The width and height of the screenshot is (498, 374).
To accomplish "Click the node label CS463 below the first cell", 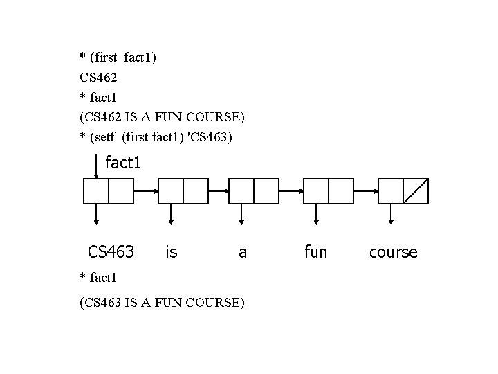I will [x=111, y=251].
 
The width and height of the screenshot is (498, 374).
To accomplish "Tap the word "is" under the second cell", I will [x=172, y=251].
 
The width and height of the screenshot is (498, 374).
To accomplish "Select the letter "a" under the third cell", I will [x=243, y=253].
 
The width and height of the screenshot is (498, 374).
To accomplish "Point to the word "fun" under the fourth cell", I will [x=315, y=251].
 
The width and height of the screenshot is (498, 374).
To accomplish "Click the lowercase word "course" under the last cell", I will [x=394, y=252].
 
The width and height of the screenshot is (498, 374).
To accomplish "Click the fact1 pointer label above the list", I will [x=123, y=163].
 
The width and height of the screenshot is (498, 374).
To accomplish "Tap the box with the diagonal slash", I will [x=416, y=191].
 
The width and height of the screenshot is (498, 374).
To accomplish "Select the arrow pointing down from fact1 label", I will [x=96, y=166].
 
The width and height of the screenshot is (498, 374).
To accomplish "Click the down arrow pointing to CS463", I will [x=96, y=214].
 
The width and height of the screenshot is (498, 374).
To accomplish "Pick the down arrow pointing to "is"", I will [x=171, y=214].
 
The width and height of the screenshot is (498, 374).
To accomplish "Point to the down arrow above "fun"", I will [x=316, y=214].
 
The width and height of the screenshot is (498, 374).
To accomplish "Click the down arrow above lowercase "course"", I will [x=391, y=214].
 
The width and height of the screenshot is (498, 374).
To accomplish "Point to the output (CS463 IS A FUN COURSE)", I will [x=162, y=302].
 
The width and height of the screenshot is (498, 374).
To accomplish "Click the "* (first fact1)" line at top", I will [x=118, y=57].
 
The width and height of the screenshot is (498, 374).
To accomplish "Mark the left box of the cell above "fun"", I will [x=316, y=191].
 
